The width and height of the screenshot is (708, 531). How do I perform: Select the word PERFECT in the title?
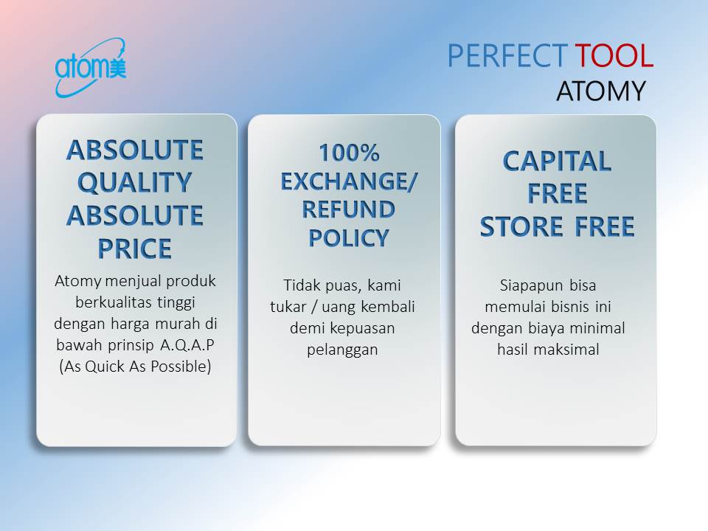pyautogui.click(x=507, y=56)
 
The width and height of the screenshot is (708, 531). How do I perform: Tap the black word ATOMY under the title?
pyautogui.click(x=600, y=91)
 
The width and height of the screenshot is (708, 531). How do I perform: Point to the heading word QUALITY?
pyautogui.click(x=135, y=182)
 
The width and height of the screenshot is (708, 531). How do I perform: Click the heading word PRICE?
pyautogui.click(x=135, y=249)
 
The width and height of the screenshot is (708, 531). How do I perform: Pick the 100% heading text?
pyautogui.click(x=349, y=153)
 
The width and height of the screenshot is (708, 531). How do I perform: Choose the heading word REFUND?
pyautogui.click(x=349, y=209)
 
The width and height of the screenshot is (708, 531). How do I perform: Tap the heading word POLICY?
pyautogui.click(x=349, y=237)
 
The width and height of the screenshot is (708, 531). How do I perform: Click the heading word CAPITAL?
pyautogui.click(x=557, y=161)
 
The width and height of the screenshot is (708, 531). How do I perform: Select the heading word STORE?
pyautogui.click(x=521, y=227)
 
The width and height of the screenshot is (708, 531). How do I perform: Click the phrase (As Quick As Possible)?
pyautogui.click(x=135, y=366)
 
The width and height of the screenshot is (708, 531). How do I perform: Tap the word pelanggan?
pyautogui.click(x=342, y=350)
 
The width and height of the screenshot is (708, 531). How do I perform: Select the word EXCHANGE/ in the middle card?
pyautogui.click(x=349, y=181)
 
